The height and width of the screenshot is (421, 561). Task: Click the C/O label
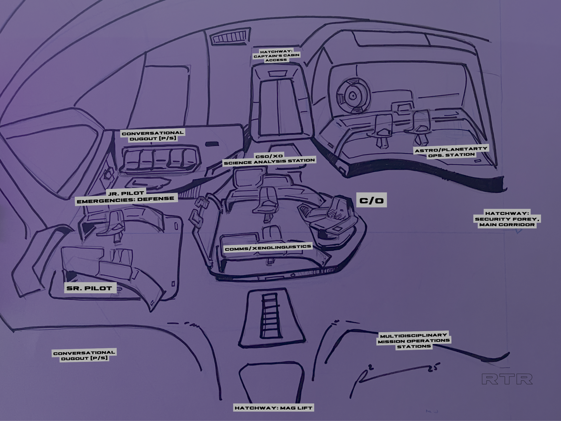(371, 201)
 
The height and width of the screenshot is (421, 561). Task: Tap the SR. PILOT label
(89, 288)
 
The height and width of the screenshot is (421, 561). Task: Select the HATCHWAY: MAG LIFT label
(273, 408)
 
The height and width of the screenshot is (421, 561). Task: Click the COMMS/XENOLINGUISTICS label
(268, 248)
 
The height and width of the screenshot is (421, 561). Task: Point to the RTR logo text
(507, 379)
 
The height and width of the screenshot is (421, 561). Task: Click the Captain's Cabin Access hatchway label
(276, 56)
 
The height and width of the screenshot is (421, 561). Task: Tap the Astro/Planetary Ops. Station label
(451, 152)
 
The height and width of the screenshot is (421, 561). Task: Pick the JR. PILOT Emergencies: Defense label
(126, 196)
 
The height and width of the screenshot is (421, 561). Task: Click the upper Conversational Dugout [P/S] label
(153, 136)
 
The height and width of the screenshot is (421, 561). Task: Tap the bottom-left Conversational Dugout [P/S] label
(84, 355)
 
